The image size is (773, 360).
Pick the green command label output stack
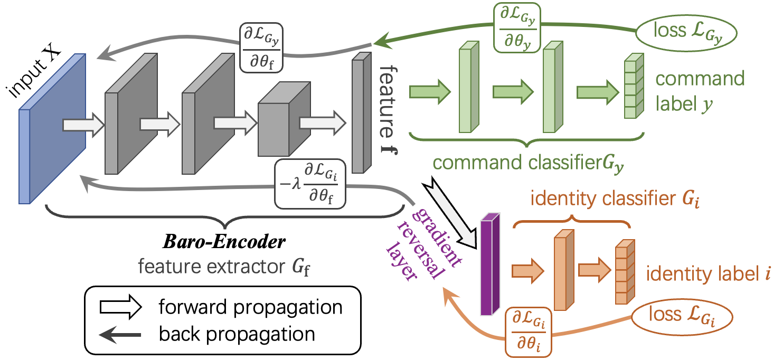633,88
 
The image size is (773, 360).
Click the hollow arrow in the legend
120,307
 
